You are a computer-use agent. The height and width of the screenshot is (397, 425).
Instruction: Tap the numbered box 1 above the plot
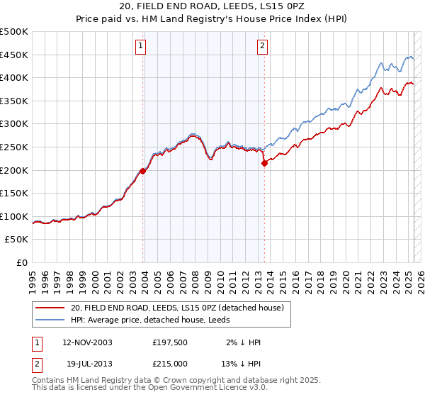tap(141, 47)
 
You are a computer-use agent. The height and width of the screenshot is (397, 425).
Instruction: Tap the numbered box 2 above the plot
tap(262, 47)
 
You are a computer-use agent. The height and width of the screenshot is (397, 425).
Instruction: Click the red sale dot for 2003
tap(143, 171)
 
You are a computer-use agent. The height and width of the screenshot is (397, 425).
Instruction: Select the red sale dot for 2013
tap(264, 163)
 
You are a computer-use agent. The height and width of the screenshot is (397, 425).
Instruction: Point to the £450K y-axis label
tap(14, 55)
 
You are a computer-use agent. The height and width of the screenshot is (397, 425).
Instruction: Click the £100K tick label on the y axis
tap(14, 216)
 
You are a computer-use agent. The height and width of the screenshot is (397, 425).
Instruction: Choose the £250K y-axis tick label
tap(14, 147)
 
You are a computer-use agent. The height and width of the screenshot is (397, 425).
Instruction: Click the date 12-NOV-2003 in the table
tap(87, 342)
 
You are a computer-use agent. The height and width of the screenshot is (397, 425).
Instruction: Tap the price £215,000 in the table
tap(171, 364)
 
